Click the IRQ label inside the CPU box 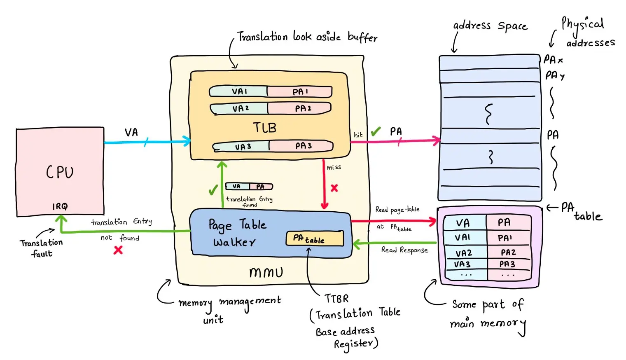point(60,206)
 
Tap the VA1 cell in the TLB point(239,91)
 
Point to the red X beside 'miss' point(334,188)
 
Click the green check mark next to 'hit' point(375,132)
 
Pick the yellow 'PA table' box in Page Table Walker point(315,238)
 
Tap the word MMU point(266,272)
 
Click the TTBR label point(336,298)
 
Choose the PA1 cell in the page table point(505,238)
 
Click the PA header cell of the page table point(504,222)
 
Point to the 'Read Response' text point(404,250)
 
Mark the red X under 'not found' point(118,250)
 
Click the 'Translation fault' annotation point(41,248)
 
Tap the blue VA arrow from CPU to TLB point(146,143)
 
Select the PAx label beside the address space point(553,60)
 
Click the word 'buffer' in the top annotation point(362,37)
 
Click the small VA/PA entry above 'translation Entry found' point(249,187)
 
